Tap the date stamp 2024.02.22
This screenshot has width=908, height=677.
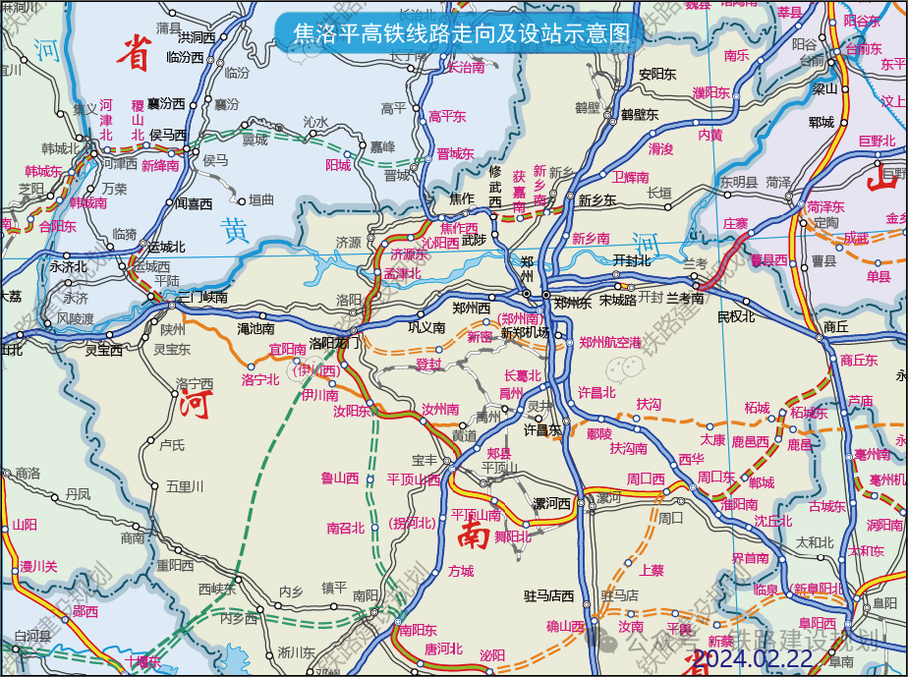pos(753,658)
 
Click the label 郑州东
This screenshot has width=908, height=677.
pos(572,303)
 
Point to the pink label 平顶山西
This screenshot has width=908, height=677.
pos(414,480)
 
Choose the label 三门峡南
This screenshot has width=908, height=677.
pos(202,297)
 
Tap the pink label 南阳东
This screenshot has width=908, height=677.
pos(418,630)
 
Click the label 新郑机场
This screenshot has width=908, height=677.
pos(525,332)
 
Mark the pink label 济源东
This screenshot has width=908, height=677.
pos(410,254)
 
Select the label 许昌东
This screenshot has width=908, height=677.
pos(541,429)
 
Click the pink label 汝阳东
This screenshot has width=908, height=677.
pos(352,411)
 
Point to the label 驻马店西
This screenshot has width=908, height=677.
pos(548,595)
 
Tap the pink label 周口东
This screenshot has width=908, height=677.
pos(716,478)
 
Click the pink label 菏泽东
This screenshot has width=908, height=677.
pos(825,206)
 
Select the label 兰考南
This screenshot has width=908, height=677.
pos(685,297)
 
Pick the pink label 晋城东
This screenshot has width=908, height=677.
pos(455,154)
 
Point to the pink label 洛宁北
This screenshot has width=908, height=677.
pos(260,379)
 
